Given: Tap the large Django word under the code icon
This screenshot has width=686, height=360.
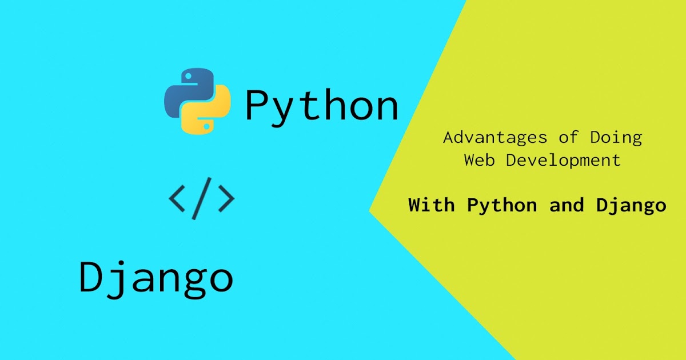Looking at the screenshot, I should coord(156,278).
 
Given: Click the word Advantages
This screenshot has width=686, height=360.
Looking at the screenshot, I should coord(486,138).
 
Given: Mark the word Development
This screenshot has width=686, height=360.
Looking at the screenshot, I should coord(563,160).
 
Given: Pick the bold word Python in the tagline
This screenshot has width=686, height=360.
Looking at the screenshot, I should coord(502,206).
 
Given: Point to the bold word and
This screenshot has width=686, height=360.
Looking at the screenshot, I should coord(567,205).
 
